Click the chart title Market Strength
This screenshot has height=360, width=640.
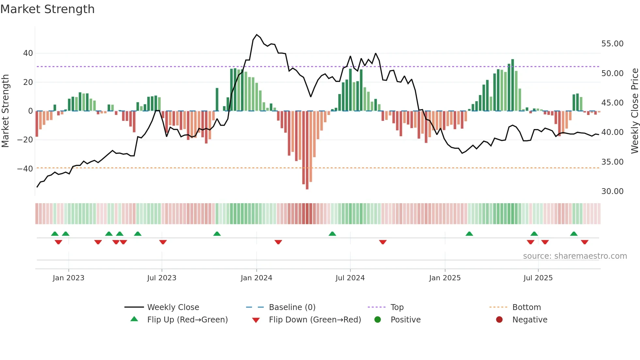[47, 9]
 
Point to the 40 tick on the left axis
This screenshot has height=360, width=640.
[28, 53]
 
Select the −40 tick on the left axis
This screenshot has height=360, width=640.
[25, 169]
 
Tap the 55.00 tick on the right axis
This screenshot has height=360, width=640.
[612, 44]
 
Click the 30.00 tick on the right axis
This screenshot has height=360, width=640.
[612, 191]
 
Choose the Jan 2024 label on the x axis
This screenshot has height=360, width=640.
[256, 278]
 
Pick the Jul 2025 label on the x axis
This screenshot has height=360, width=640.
[538, 278]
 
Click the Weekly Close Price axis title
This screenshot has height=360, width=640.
[634, 111]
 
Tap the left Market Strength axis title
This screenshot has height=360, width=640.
[5, 111]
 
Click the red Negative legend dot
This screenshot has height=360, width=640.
[499, 320]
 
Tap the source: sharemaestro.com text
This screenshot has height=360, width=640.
[575, 256]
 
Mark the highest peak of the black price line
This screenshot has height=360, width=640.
[257, 35]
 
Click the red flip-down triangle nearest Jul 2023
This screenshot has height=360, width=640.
[163, 242]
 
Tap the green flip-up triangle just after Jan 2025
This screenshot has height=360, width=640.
[469, 234]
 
